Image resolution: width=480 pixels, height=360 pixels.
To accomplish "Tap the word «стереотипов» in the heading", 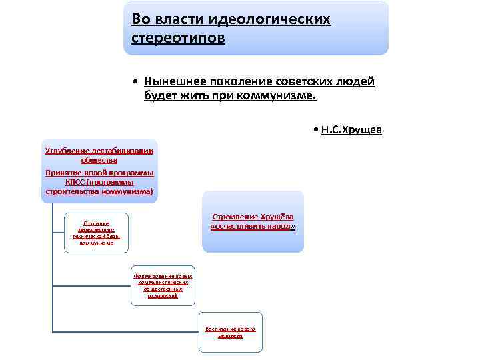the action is click(178, 38).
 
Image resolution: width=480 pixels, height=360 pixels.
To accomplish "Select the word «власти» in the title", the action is click(185, 19).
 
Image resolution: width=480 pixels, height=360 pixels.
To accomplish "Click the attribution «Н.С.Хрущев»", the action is click(351, 129).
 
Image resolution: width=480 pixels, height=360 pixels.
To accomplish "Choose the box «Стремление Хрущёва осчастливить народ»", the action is click(253, 222).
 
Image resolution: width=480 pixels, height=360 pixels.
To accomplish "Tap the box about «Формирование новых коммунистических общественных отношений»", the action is click(163, 285).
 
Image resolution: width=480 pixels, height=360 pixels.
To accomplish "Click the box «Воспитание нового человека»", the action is click(230, 332).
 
